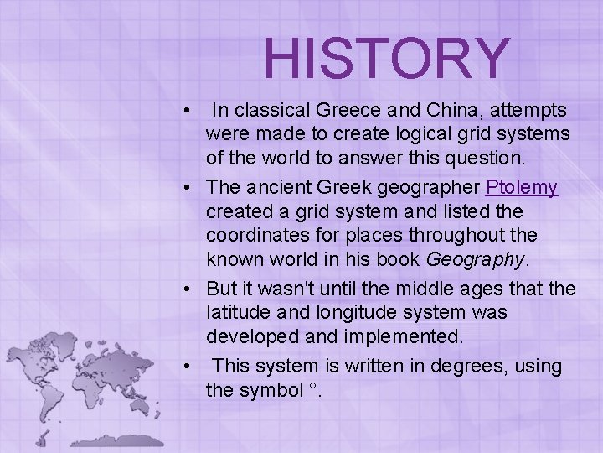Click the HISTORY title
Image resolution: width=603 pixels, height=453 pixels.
click(386, 57)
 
